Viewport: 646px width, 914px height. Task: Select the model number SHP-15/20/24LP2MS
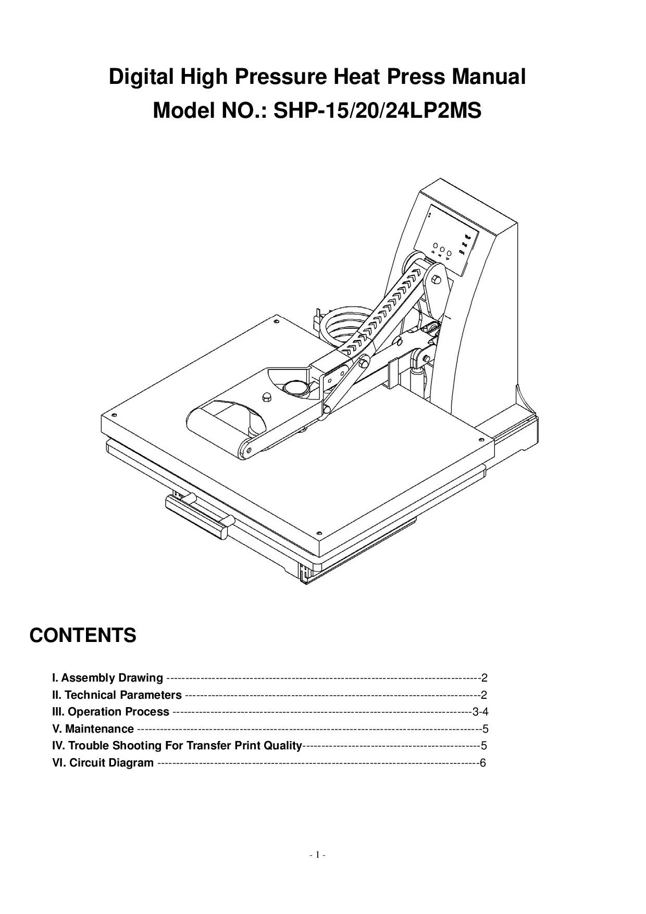377,111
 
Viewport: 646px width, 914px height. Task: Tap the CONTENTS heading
83,636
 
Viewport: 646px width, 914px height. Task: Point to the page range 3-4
480,712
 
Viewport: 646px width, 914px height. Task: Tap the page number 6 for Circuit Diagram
482,763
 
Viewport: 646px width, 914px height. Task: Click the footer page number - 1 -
317,855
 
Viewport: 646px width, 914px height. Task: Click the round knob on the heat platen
295,388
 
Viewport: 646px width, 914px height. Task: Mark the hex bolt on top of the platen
266,397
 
